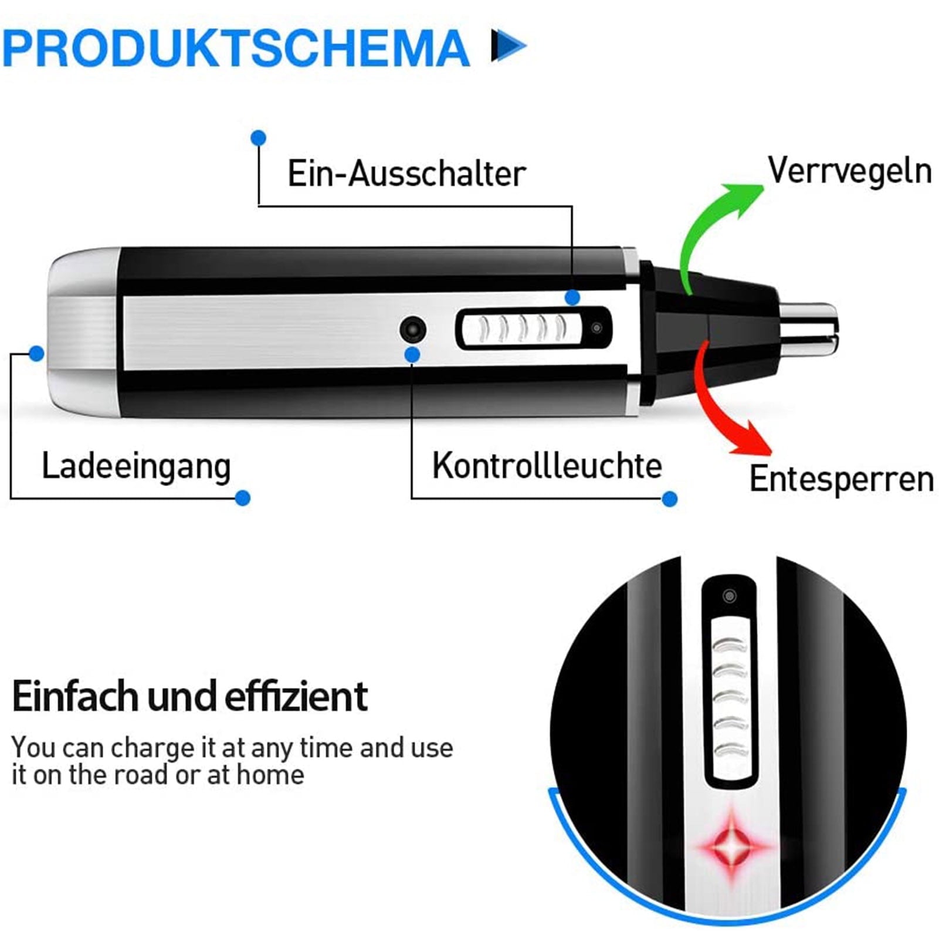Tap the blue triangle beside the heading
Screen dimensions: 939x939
[508, 45]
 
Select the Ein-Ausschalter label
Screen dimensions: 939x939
[406, 174]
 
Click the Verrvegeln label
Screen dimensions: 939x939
[850, 170]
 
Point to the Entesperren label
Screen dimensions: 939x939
[842, 479]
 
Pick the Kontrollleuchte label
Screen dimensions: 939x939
[547, 466]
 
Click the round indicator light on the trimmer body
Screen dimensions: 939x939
[413, 329]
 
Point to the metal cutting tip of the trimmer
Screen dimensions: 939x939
[809, 328]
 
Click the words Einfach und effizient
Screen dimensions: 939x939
[189, 696]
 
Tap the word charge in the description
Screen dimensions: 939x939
[151, 749]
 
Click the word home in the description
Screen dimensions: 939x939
[270, 775]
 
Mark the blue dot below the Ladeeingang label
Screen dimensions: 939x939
[242, 498]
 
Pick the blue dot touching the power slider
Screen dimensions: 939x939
[572, 297]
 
